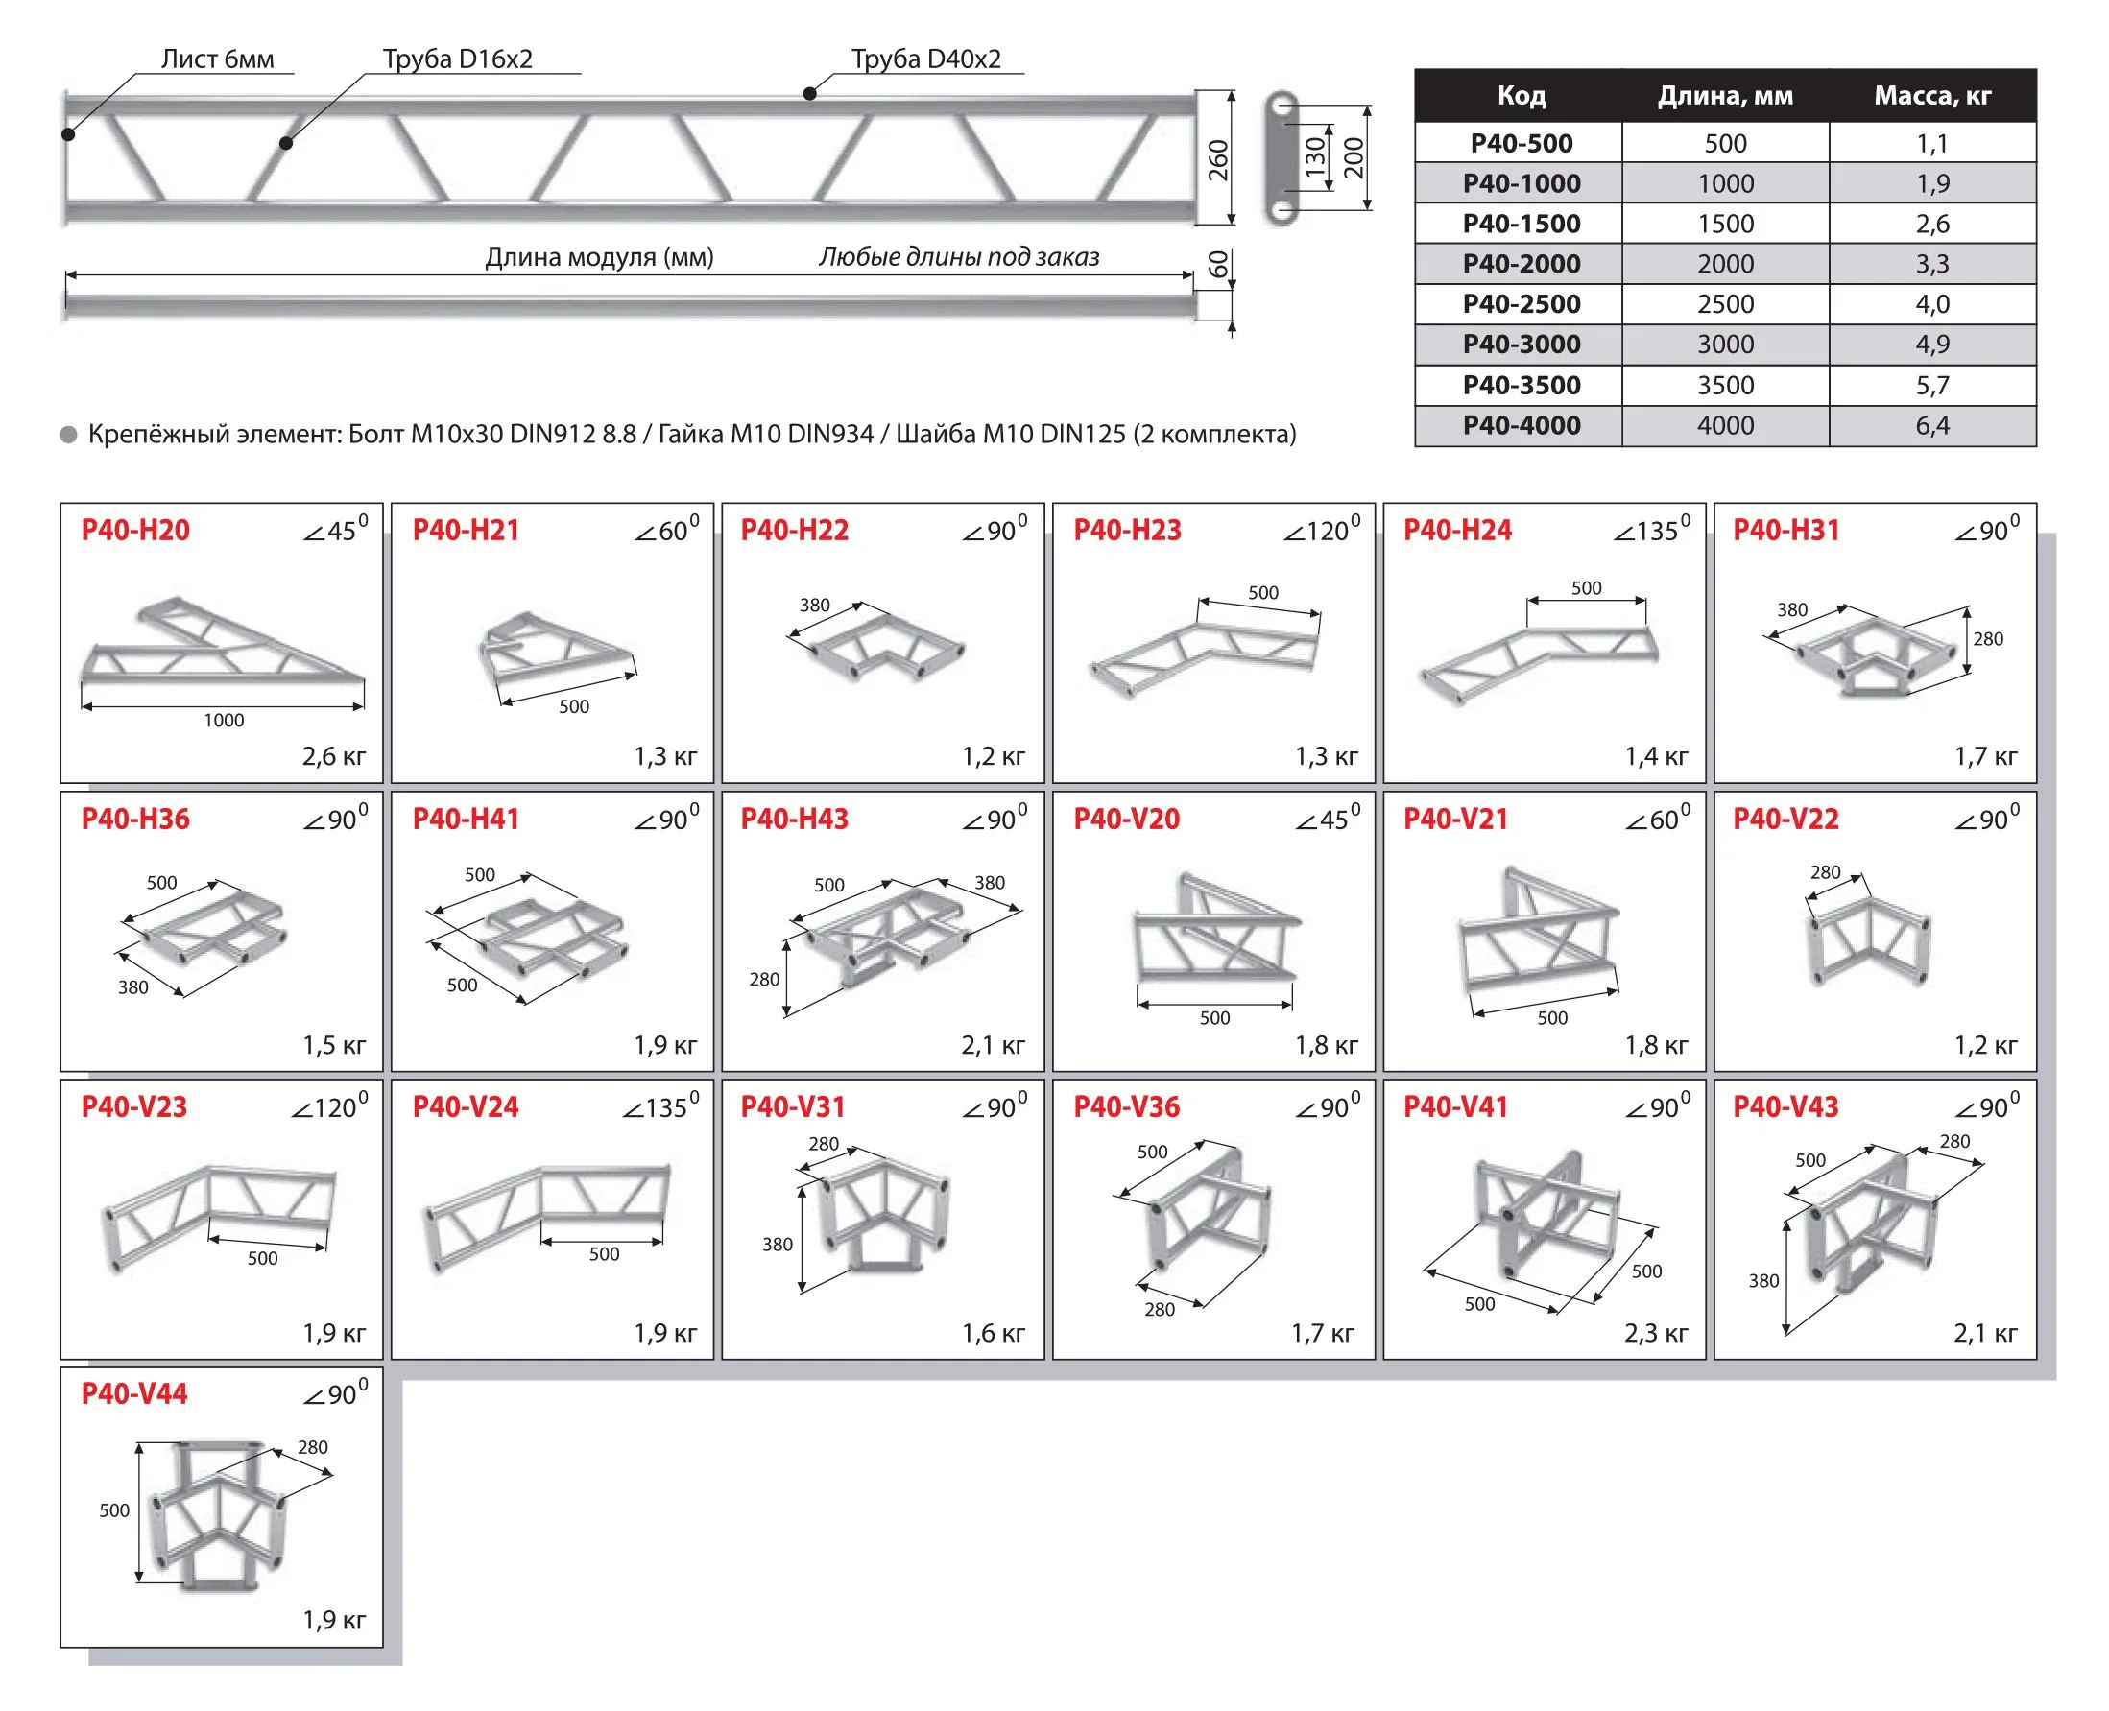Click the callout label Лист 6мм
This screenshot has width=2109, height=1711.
(x=217, y=59)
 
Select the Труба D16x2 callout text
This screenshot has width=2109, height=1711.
(x=458, y=59)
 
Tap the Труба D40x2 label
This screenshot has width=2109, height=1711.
(x=925, y=59)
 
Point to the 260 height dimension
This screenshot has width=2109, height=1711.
(x=1219, y=159)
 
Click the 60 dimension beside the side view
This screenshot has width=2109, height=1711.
(x=1219, y=264)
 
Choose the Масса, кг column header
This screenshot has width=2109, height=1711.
(x=1931, y=96)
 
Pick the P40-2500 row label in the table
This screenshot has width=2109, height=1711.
(x=1521, y=303)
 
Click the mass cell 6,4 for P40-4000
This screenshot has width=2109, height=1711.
(x=1931, y=426)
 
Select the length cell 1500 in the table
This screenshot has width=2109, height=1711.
(x=1724, y=224)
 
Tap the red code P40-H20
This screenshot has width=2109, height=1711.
(x=135, y=531)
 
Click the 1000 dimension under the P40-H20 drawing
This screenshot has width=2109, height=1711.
(x=224, y=721)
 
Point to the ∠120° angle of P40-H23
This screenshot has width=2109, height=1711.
(x=1320, y=530)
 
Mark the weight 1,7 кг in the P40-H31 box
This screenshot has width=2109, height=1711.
(x=1985, y=757)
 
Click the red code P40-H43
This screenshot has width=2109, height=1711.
(x=794, y=819)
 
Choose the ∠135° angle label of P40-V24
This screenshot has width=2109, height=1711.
(x=659, y=1105)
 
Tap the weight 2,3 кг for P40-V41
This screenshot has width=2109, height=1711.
(x=1656, y=1334)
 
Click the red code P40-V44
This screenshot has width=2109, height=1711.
(x=134, y=1393)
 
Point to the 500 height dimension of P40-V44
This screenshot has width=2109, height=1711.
(x=114, y=1509)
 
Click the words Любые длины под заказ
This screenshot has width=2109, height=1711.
(x=958, y=257)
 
